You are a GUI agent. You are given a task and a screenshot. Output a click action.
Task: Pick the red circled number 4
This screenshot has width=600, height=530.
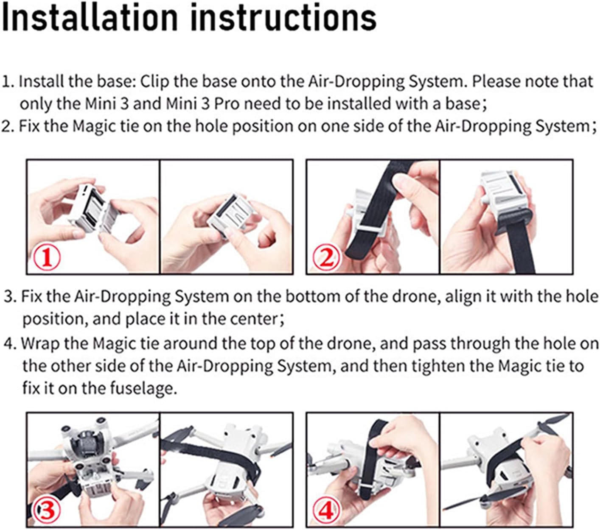pyautogui.click(x=327, y=510)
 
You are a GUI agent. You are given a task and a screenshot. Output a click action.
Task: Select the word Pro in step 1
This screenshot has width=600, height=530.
pyautogui.click(x=227, y=103)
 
